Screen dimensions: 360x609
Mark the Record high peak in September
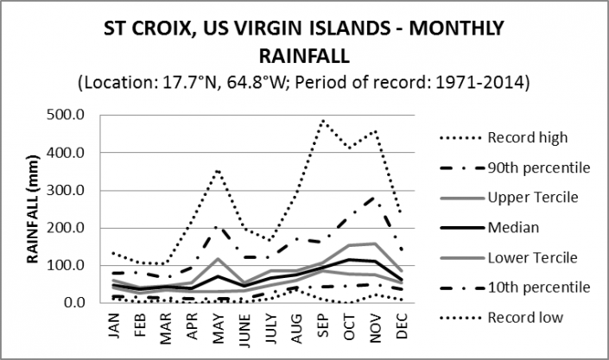coord(323,120)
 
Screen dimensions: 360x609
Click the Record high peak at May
coord(219,169)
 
